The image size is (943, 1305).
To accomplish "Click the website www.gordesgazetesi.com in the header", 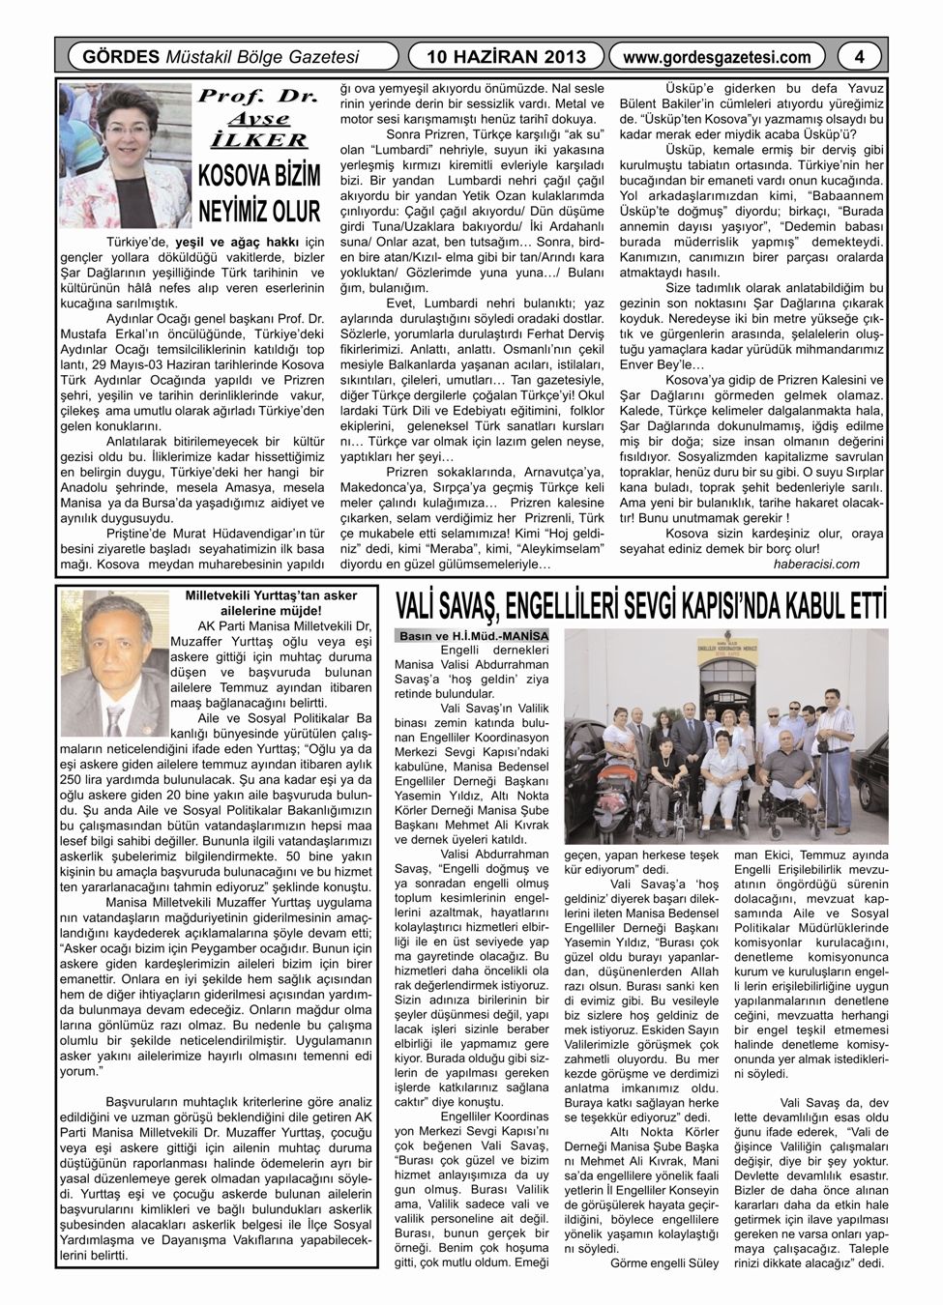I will click(x=717, y=57).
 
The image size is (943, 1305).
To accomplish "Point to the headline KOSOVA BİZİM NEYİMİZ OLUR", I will click(x=258, y=194).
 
